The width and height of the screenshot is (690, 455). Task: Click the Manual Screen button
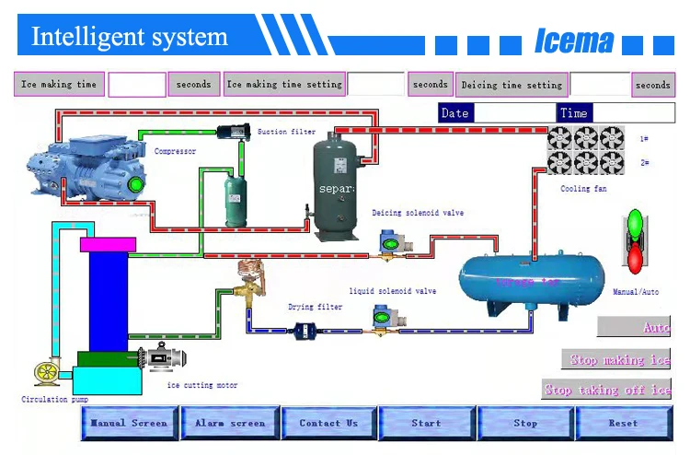click(x=129, y=424)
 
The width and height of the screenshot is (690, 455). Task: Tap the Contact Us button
click(x=328, y=424)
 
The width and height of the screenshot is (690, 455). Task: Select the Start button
click(x=426, y=424)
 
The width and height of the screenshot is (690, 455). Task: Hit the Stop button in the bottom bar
click(x=525, y=424)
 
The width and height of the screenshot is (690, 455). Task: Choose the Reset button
click(x=623, y=424)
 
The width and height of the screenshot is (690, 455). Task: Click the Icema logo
click(x=574, y=41)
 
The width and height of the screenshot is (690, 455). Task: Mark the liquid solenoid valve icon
click(x=384, y=319)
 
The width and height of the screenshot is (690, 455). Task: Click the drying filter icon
click(x=305, y=331)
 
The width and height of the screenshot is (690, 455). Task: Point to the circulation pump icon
click(x=46, y=372)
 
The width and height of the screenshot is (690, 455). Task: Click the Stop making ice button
click(x=616, y=359)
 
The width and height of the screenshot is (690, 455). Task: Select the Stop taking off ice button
click(x=606, y=390)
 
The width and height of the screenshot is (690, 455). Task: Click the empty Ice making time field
click(x=137, y=85)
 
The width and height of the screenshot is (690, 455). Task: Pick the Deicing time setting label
click(x=512, y=85)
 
